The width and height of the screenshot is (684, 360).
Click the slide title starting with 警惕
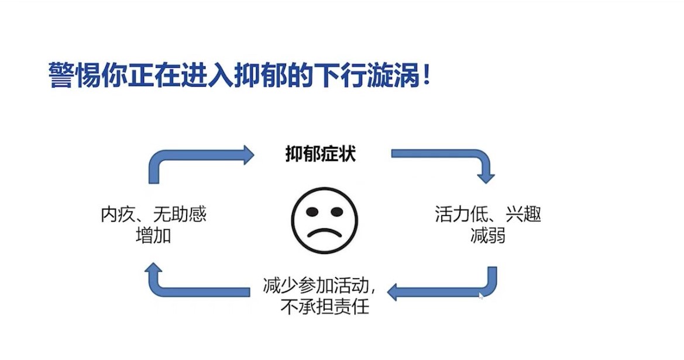point(240,77)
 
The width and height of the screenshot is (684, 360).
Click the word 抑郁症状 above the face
point(321,155)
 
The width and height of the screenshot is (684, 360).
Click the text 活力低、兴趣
point(488,214)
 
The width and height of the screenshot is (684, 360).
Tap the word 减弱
point(487,236)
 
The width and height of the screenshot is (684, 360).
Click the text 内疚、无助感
point(153,215)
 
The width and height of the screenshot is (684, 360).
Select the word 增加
point(153,236)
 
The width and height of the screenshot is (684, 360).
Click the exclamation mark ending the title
point(426,77)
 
